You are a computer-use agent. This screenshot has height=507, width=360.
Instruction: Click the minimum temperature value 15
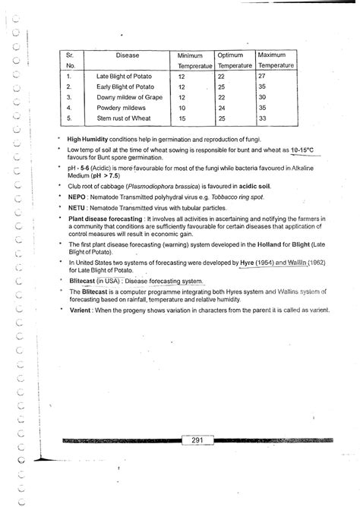(x=182, y=118)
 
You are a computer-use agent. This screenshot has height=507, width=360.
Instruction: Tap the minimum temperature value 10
(x=182, y=108)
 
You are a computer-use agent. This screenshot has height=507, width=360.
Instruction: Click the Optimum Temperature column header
(x=229, y=61)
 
